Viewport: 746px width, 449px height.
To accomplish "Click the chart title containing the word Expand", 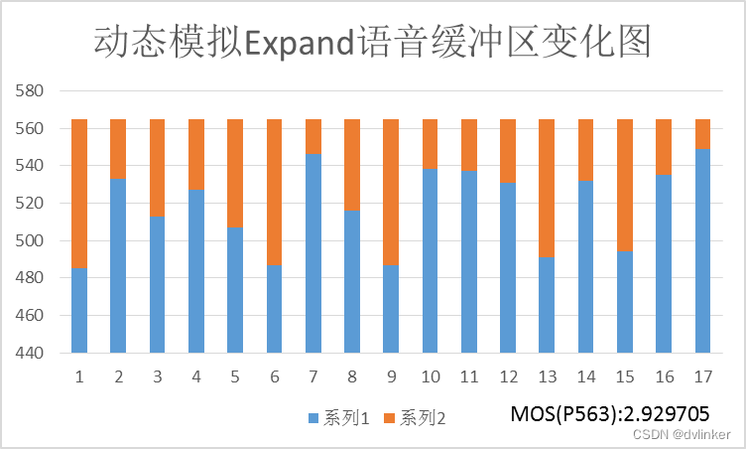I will pos(372,42).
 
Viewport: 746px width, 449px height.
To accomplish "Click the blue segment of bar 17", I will pos(702,250).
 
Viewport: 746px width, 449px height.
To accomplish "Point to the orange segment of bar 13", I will pos(547,189).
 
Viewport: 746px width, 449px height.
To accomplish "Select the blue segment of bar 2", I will pos(118,265).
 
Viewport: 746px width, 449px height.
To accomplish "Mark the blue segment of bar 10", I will pos(430,260).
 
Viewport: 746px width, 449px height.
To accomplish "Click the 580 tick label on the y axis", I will pos(31,91).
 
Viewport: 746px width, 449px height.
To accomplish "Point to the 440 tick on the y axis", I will pos(31,353).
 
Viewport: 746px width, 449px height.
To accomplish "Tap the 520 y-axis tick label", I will pos(31,204).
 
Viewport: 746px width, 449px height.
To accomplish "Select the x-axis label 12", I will pos(508,377).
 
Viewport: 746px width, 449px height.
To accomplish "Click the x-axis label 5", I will pos(235,377).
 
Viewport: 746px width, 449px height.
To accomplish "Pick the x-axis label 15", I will pos(625,377).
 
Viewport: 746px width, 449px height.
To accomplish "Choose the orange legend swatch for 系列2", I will pos(392,418).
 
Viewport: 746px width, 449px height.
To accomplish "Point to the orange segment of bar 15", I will pos(625,186).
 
